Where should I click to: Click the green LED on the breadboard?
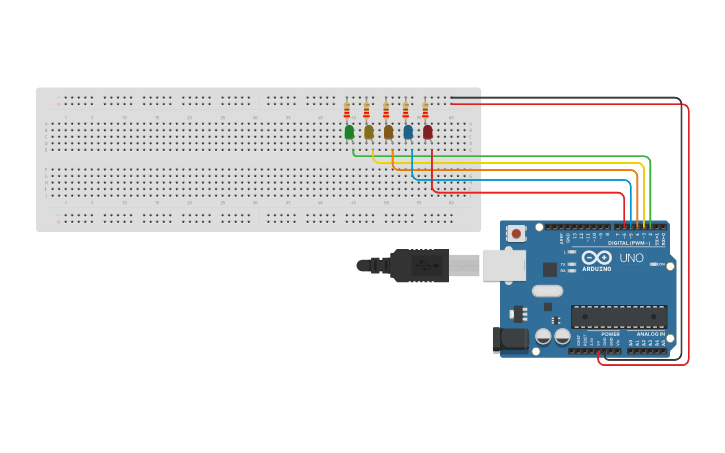pos(349,132)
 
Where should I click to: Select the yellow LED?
pos(368,132)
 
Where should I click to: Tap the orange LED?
pos(388,132)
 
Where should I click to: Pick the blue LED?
pos(408,132)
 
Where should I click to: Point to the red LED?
pos(427,132)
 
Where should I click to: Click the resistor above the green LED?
pos(347,110)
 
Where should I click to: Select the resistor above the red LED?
pos(425,110)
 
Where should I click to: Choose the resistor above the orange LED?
pos(386,110)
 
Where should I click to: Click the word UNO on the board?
pos(631,258)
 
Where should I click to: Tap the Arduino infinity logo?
pos(597,257)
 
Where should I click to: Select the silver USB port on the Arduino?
pos(504,265)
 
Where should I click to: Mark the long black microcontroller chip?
pos(619,317)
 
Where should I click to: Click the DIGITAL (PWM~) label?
pos(629,243)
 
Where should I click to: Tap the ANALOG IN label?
pos(651,333)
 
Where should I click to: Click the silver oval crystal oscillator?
pos(547,291)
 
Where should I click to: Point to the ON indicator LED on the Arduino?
pos(656,264)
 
